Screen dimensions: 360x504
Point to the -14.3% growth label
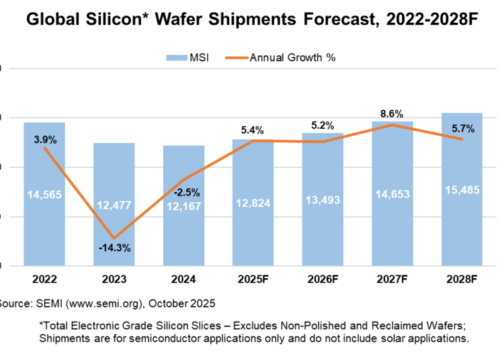pyautogui.click(x=114, y=248)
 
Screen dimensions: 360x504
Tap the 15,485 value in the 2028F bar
pyautogui.click(x=462, y=191)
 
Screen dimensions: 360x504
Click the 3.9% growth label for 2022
pyautogui.click(x=44, y=140)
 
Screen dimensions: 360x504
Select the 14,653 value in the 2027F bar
pyautogui.click(x=392, y=195)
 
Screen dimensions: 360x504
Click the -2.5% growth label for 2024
pyautogui.click(x=183, y=192)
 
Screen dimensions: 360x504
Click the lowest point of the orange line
pyautogui.click(x=114, y=238)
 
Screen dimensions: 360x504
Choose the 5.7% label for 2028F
pyautogui.click(x=462, y=128)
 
